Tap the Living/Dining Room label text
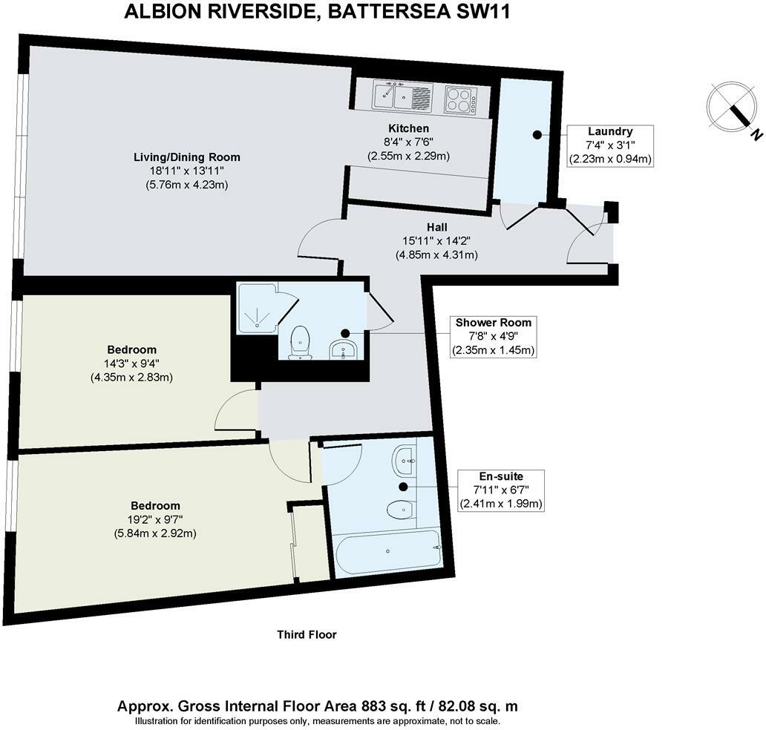click(x=186, y=157)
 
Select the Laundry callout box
click(x=610, y=145)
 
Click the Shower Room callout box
click(x=494, y=336)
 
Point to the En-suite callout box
click(x=502, y=490)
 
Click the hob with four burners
click(x=462, y=100)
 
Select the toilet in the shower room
click(x=300, y=342)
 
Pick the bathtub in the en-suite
click(x=387, y=551)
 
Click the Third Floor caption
click(x=307, y=635)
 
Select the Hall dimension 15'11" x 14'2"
click(x=436, y=240)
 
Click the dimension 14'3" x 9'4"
click(x=131, y=364)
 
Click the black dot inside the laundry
click(x=536, y=135)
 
